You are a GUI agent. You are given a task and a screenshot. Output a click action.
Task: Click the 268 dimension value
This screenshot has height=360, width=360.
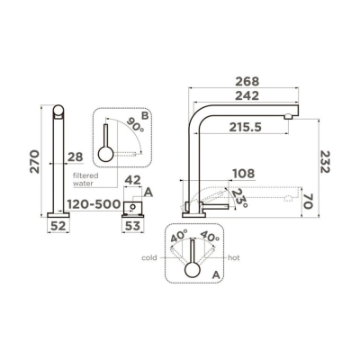point(247,81)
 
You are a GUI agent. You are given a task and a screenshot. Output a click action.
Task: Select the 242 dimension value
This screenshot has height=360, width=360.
point(247,95)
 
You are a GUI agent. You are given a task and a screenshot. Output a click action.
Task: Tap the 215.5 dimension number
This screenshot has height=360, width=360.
point(246,127)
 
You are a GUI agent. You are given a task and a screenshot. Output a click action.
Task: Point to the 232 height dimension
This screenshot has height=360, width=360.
point(325,162)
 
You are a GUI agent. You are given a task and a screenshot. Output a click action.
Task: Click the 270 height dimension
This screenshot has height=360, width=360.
point(35,161)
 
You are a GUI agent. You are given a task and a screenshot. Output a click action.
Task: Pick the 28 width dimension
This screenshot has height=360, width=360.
point(75,157)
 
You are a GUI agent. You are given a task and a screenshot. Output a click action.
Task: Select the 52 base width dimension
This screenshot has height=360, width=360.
point(58,226)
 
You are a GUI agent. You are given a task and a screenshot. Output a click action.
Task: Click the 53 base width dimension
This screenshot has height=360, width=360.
point(132,226)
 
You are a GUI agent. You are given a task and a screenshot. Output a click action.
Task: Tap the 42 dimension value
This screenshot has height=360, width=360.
point(132,180)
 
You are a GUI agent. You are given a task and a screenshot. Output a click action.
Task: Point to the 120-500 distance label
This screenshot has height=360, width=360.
point(94,204)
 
